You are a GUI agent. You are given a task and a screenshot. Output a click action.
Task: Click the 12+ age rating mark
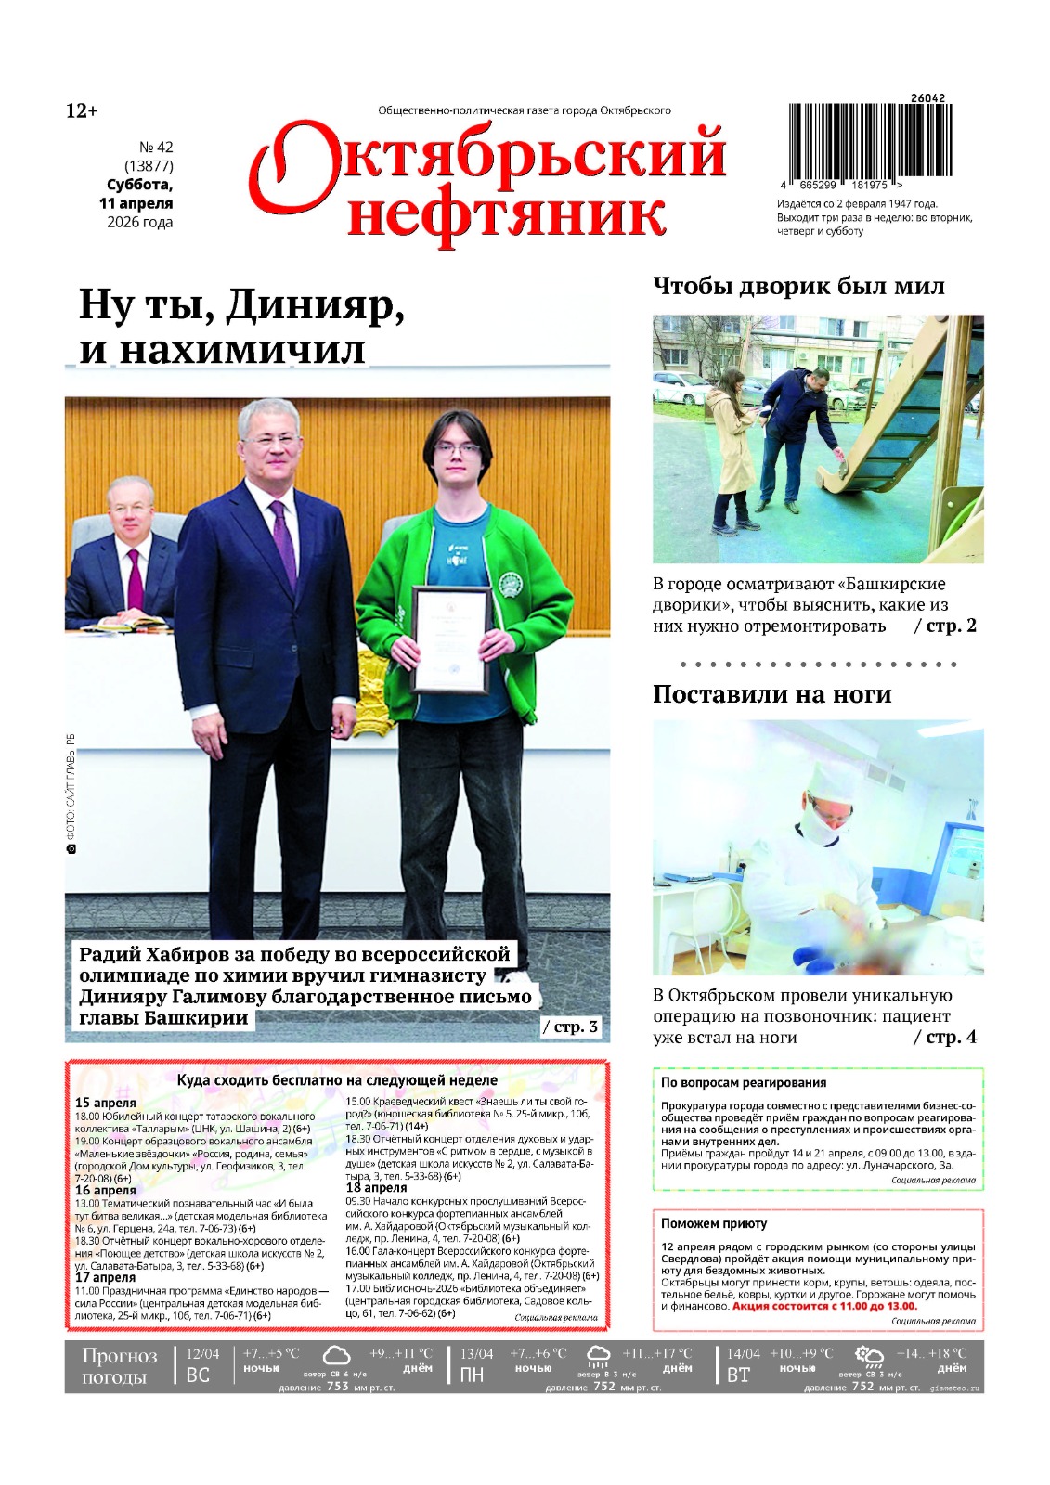coord(82,111)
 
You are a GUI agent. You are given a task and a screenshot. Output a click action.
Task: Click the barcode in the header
coord(870,140)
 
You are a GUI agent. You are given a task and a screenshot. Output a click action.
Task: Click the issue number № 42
coord(155,147)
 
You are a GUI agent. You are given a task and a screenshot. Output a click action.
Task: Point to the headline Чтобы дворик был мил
coord(798,286)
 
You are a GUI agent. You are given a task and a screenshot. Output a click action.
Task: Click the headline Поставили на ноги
coord(771,694)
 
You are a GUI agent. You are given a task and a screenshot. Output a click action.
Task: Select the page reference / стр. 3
coord(570,1027)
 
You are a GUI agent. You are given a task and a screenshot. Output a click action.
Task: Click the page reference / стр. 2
coord(945,626)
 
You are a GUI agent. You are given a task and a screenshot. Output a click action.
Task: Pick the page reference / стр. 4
coord(945,1037)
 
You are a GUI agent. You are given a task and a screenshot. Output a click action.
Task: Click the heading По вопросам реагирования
coord(743,1082)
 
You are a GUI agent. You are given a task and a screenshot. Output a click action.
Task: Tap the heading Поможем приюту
coord(714,1223)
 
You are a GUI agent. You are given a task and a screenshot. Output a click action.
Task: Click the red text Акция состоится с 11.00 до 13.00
coord(823,1306)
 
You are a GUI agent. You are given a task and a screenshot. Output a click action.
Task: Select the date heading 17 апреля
coord(105,1277)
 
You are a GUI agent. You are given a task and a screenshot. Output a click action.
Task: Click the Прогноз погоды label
coord(119,1365)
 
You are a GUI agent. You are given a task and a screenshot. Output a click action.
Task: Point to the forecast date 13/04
coord(477,1354)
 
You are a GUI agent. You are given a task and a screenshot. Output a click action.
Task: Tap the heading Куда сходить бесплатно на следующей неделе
coord(337,1080)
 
